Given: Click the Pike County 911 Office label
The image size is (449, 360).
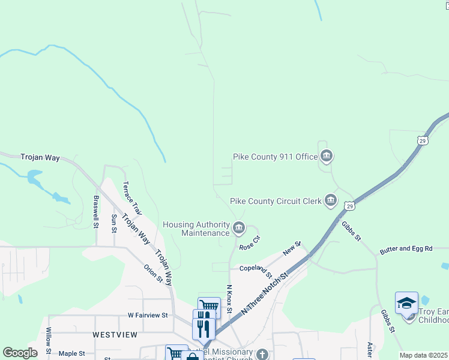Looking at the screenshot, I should (x=275, y=157).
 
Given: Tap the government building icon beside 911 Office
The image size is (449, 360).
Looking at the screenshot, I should (x=326, y=157).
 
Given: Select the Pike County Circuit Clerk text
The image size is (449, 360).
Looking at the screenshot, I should (x=276, y=202).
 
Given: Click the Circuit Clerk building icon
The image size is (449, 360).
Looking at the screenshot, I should (x=331, y=201).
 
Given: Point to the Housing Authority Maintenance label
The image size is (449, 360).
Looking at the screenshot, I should (x=196, y=229).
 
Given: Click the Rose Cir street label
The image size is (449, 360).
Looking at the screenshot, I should (x=249, y=243).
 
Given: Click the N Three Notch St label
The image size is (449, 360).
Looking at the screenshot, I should (x=265, y=292).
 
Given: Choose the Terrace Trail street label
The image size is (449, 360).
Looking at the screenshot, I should (x=131, y=199).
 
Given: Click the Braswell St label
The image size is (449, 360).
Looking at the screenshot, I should (x=95, y=211).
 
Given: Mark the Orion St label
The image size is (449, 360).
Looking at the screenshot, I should (x=152, y=273).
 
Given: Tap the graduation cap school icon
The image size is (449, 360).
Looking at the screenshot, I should (x=406, y=303).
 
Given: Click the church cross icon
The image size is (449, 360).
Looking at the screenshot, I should (x=262, y=354).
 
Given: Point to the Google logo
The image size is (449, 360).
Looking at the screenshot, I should (x=20, y=353).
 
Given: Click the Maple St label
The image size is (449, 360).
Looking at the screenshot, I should (x=71, y=354).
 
